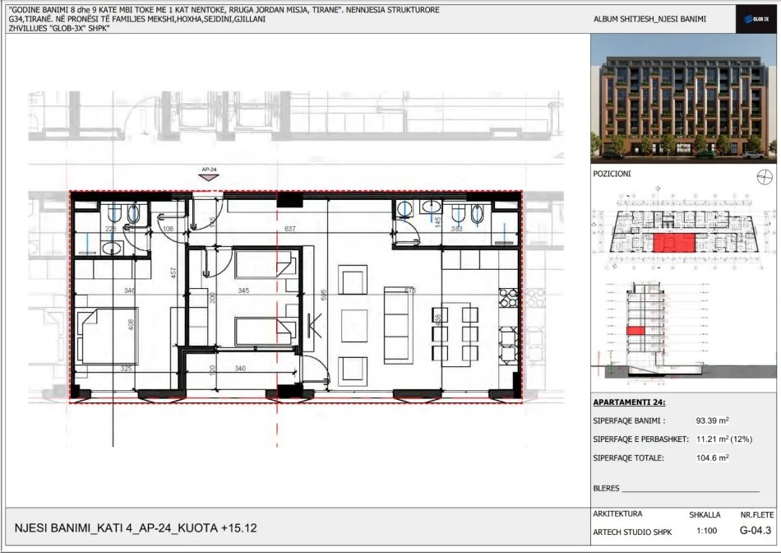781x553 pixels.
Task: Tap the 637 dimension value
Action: click(289, 229)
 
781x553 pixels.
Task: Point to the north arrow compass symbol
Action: click(764, 175)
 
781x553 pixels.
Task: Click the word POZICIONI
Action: click(612, 174)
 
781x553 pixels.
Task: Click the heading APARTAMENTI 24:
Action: click(630, 403)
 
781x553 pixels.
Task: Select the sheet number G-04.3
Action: click(755, 532)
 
